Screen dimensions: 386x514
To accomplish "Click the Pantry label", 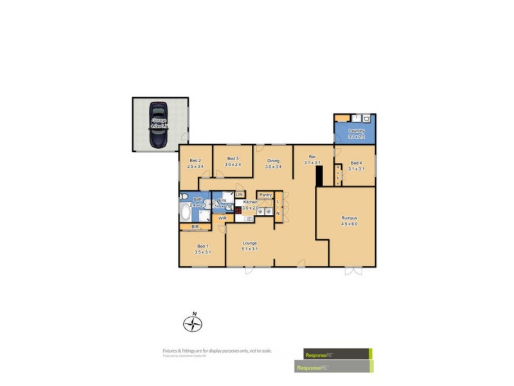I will coord(265,194).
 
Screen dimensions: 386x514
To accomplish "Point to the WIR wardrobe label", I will coord(222,219).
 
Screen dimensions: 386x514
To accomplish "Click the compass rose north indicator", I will coord(192,322).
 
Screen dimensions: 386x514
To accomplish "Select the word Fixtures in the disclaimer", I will coord(170,350).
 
